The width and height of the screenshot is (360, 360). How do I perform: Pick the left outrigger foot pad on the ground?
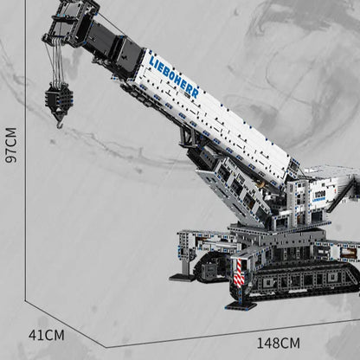(183, 277)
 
